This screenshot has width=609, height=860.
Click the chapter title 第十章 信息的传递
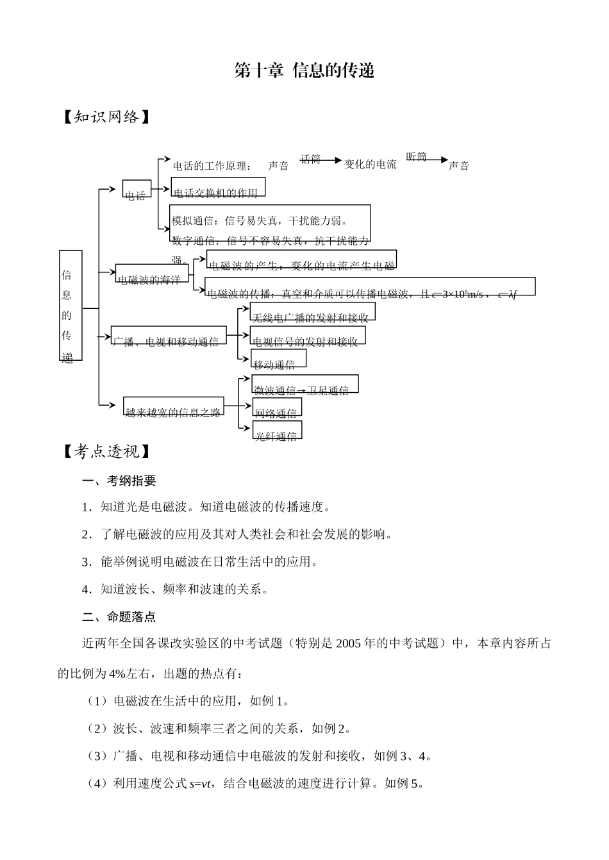[304, 70]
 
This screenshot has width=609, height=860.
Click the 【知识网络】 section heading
[106, 117]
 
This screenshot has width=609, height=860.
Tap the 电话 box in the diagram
[137, 189]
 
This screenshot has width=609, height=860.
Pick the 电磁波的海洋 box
[152, 274]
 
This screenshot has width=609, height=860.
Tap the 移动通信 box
[278, 358]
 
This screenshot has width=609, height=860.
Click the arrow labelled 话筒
[321, 160]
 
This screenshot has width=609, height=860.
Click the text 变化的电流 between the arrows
[370, 164]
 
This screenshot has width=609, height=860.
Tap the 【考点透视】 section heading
[106, 452]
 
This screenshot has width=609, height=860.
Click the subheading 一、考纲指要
[119, 481]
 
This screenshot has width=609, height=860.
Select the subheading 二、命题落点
[119, 617]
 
